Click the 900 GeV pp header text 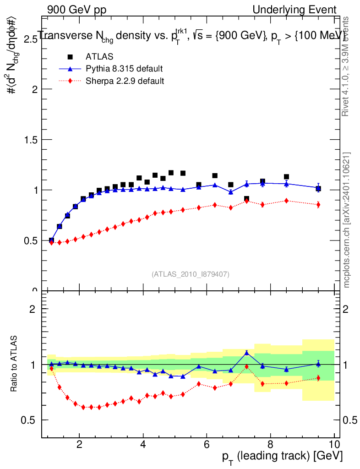(76, 10)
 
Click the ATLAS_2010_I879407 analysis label (191, 274)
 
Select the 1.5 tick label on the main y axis (27, 140)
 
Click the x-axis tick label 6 (207, 443)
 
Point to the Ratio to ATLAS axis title (15, 364)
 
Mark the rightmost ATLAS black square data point (318, 189)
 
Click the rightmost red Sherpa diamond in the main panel (318, 205)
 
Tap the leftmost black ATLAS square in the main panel (51, 240)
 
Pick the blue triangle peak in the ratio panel (246, 353)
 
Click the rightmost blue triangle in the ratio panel (318, 364)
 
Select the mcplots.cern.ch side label (347, 220)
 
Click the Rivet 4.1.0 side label (347, 66)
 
